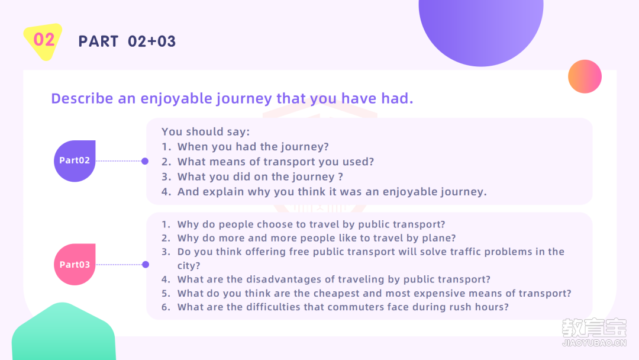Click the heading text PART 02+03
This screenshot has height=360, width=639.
click(127, 41)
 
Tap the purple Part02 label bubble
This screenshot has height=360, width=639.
click(75, 161)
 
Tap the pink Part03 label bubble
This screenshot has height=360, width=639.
click(75, 265)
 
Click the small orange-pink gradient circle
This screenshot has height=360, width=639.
click(585, 76)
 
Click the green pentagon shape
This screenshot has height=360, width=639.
click(63, 332)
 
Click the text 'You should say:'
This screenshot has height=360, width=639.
click(205, 131)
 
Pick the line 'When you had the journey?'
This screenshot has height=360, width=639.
click(253, 147)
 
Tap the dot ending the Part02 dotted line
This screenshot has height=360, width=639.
click(145, 161)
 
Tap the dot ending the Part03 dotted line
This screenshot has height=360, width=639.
click(146, 265)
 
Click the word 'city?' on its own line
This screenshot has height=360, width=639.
click(189, 266)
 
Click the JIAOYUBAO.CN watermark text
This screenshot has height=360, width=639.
click(594, 343)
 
